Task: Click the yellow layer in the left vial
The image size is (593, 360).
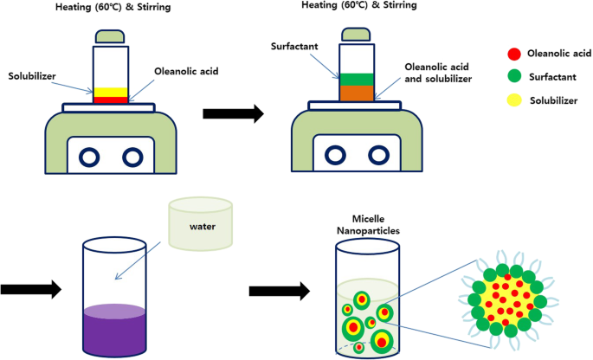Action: coord(110,92)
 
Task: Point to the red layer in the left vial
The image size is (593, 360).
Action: coord(110,100)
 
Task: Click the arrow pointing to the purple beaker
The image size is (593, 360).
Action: coord(31,290)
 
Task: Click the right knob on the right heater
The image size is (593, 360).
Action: coord(377,157)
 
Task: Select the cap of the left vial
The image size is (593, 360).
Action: coord(109,37)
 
